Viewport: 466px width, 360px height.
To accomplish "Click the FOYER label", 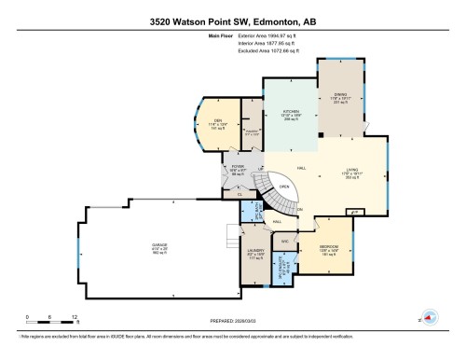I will (x=238, y=168).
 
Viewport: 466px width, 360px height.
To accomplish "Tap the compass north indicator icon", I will (x=428, y=316).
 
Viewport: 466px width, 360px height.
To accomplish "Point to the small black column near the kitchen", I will (x=320, y=135).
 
